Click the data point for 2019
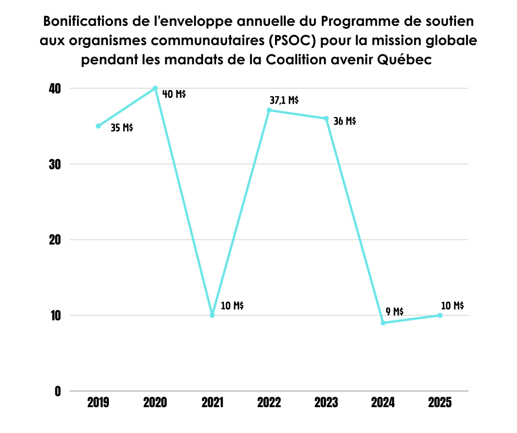98,126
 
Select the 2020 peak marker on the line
155,88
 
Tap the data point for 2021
212,315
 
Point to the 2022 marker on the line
269,110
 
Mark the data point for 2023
326,119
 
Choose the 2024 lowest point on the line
383,323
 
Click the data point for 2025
440,315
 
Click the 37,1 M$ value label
284,100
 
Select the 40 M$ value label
174,94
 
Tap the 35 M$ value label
122,128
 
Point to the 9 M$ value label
394,312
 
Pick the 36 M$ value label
345,121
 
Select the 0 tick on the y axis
57,391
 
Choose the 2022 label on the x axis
269,403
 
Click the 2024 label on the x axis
383,403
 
